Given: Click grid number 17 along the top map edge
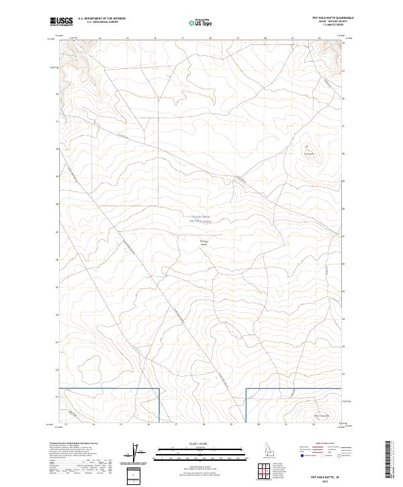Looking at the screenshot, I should [x=183, y=38].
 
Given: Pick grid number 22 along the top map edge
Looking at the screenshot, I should [x=319, y=38].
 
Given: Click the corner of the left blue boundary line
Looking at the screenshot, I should [x=159, y=388].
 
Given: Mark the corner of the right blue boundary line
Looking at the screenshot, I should [x=247, y=388].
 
